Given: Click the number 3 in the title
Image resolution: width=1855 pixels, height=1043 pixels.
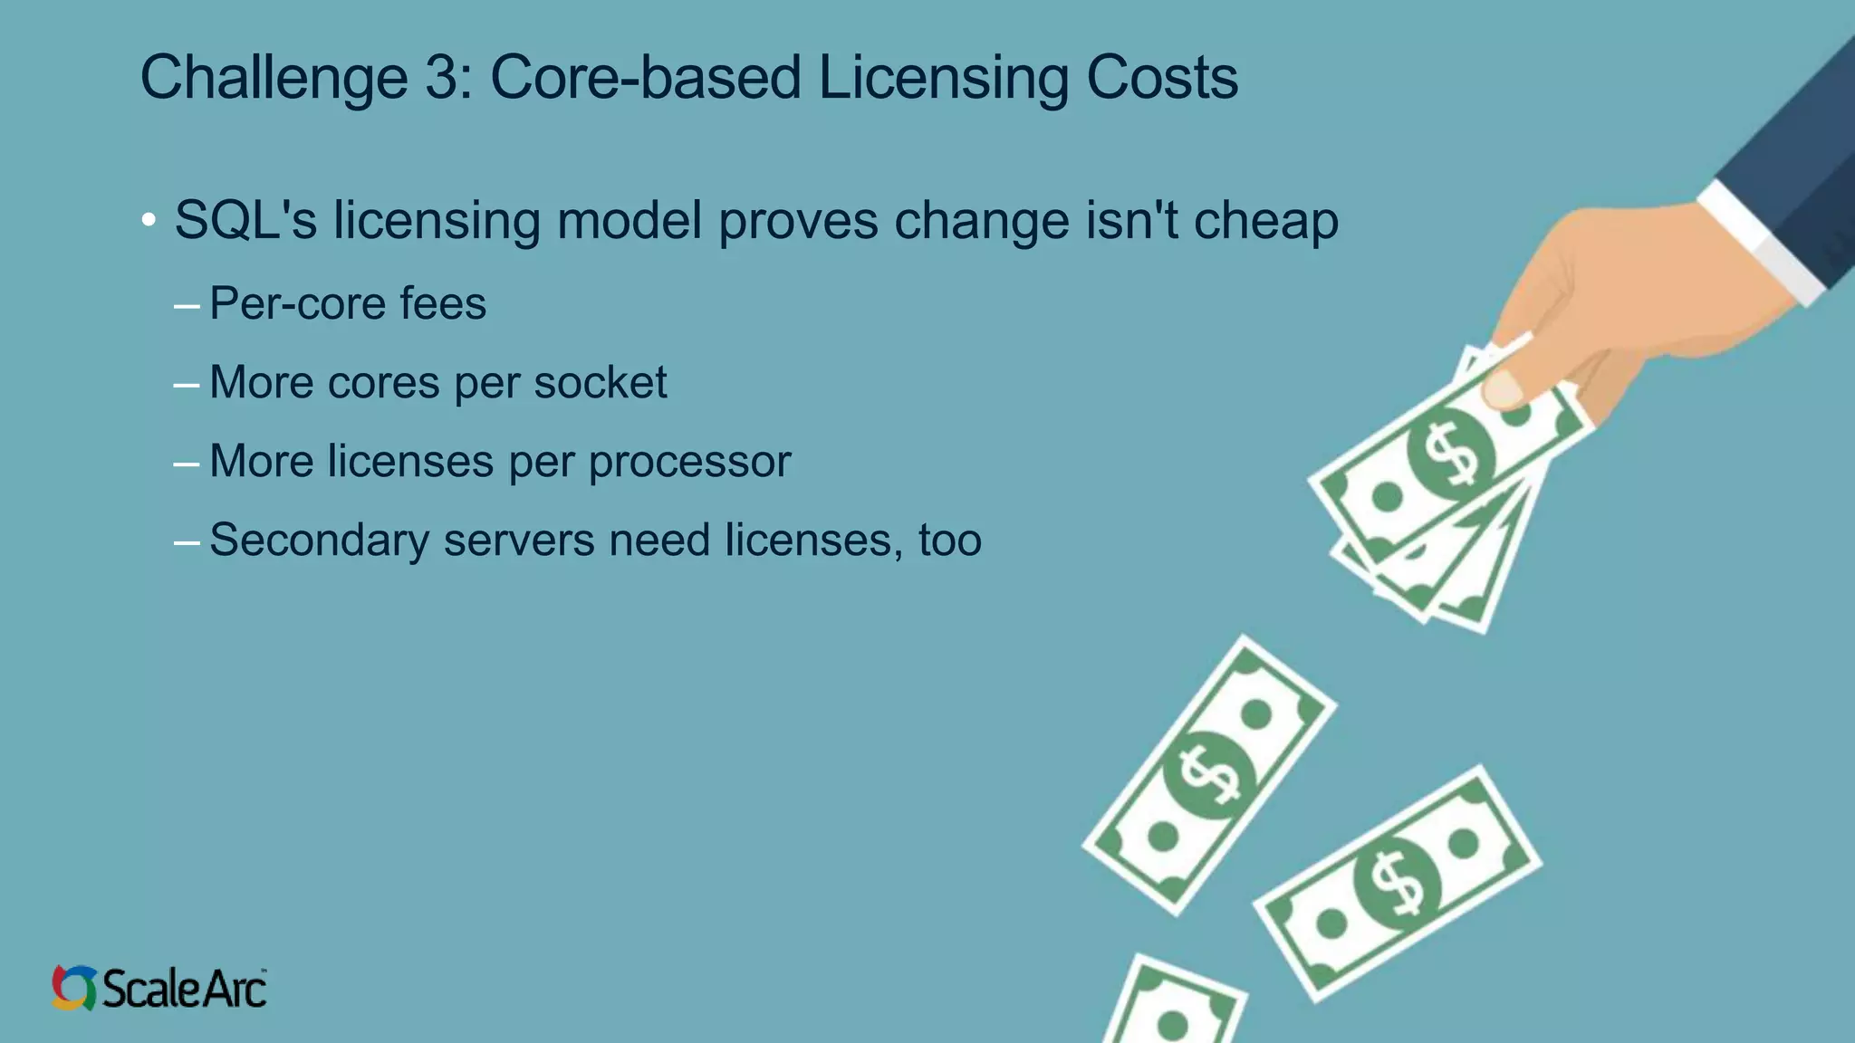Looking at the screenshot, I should [442, 78].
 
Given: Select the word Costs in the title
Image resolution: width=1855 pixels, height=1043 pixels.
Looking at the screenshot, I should [1161, 78].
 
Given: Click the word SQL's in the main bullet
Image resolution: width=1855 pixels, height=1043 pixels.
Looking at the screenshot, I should [245, 220].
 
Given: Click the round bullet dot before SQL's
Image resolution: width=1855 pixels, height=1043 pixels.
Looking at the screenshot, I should [149, 220].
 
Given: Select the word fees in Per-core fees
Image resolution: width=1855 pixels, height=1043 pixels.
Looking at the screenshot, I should [443, 303].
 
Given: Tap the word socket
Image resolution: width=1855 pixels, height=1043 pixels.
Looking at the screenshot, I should [600, 382].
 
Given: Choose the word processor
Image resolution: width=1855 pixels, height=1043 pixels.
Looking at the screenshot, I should [689, 462].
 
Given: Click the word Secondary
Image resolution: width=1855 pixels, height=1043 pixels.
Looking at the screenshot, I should [319, 540].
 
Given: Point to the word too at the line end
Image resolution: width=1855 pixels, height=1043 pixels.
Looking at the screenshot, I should [949, 541].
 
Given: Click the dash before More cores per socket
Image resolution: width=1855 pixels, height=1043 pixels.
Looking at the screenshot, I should [187, 385].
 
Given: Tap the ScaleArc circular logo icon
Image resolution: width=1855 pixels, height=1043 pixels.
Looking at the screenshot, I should [73, 987].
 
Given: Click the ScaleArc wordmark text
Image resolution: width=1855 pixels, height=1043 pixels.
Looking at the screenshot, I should [185, 988].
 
